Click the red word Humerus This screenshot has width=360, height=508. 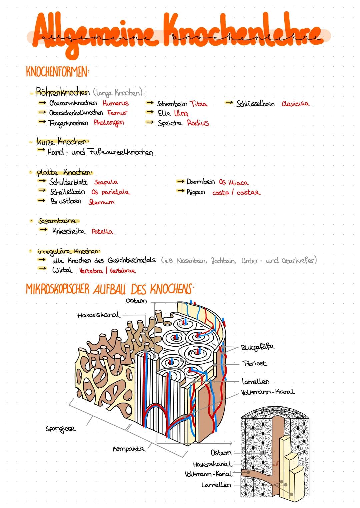tap(115, 103)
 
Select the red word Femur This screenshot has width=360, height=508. tap(117, 113)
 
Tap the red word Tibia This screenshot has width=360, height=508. tap(198, 104)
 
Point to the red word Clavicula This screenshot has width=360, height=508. tap(295, 104)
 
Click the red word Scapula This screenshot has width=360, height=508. tap(106, 182)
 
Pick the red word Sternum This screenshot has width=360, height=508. tap(101, 202)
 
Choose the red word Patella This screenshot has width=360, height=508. tap(102, 231)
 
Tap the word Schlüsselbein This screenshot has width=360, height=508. tap(255, 104)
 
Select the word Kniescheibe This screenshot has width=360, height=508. tap(68, 231)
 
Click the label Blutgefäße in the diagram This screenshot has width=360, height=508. tap(258, 347)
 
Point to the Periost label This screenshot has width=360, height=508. tap(255, 363)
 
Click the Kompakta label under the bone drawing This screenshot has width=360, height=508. tap(128, 449)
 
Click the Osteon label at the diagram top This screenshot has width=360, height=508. tap(136, 301)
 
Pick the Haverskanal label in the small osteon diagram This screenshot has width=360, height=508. tap(212, 464)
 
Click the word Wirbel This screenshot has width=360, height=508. tap(62, 270)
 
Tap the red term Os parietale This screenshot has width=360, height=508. tap(111, 192)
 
